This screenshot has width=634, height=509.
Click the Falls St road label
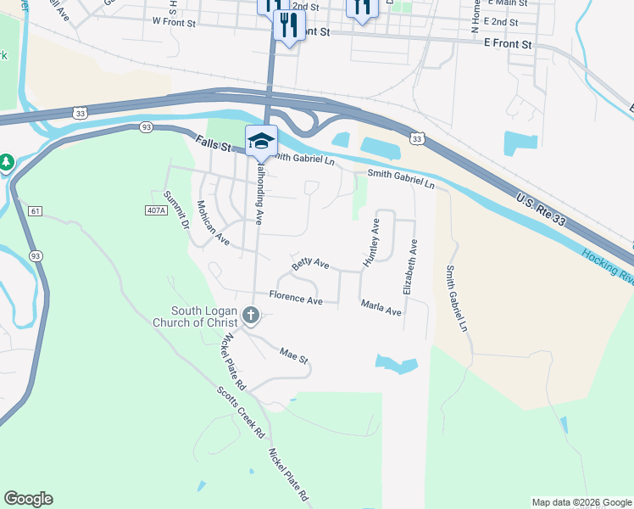[x=213, y=144]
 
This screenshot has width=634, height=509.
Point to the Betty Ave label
[x=310, y=265]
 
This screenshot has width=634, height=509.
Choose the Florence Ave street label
[x=296, y=299]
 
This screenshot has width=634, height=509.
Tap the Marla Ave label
[x=381, y=307]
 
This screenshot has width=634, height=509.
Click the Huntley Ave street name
[x=371, y=243]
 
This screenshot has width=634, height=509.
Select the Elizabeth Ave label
[x=411, y=266]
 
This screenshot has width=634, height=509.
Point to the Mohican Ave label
[x=213, y=223]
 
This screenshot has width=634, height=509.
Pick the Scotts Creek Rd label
[x=241, y=411]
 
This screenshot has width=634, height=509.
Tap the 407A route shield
[x=155, y=210]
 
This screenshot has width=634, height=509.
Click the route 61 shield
[x=35, y=210]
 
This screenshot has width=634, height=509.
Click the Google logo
[x=28, y=499]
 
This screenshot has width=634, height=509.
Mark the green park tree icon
[x=7, y=161]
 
